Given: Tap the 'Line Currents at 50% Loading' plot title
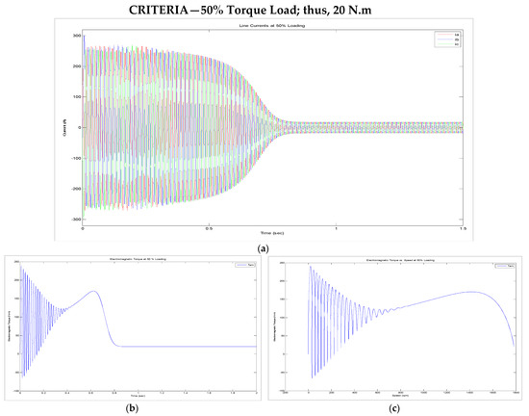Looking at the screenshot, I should (273, 25).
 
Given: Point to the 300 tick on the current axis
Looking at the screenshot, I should (77, 35).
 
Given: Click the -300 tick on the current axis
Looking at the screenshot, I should (76, 220).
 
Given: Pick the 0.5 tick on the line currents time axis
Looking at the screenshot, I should (208, 228).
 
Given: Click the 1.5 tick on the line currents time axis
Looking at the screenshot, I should (462, 228).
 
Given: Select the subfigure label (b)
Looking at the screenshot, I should (136, 407).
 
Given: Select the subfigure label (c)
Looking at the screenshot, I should (396, 407).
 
